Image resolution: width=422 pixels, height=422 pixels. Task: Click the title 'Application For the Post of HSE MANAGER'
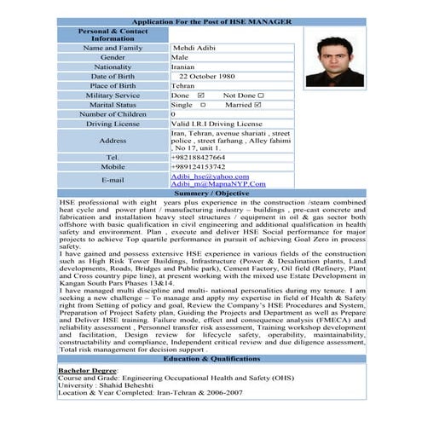point(211,20)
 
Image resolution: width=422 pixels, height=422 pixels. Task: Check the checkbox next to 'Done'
point(201,95)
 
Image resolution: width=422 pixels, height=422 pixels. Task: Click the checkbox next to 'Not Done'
point(261,95)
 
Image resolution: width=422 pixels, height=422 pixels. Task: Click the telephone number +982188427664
point(199,157)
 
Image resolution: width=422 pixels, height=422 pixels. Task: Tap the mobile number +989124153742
point(199,166)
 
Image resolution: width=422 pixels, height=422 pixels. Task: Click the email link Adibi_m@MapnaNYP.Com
point(217,183)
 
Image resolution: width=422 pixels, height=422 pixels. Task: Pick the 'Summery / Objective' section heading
point(211,193)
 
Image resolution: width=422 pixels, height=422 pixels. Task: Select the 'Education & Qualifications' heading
point(211,360)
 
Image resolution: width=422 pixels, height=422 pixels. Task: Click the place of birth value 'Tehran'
point(182,85)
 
